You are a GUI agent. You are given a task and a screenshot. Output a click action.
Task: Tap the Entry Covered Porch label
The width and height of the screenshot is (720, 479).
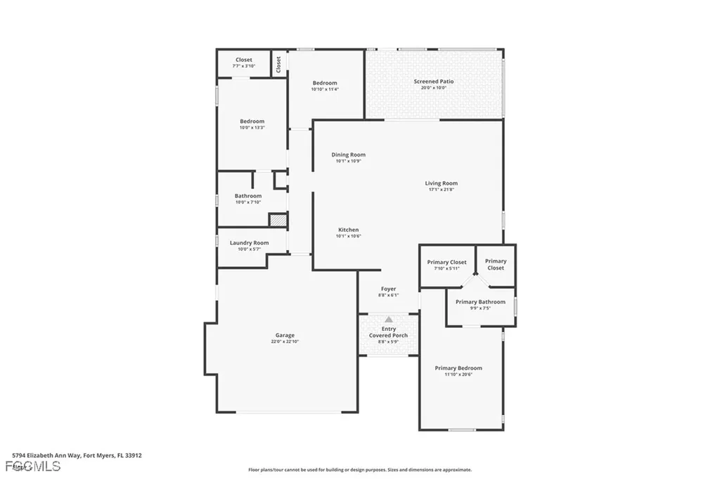click(x=388, y=332)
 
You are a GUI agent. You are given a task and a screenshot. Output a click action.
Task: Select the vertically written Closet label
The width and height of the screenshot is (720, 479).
click(x=279, y=64)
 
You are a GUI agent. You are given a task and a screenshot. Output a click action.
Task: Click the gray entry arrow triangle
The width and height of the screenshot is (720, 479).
click(x=389, y=319)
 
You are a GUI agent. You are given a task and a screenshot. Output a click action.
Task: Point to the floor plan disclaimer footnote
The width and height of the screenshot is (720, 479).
click(x=359, y=470)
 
